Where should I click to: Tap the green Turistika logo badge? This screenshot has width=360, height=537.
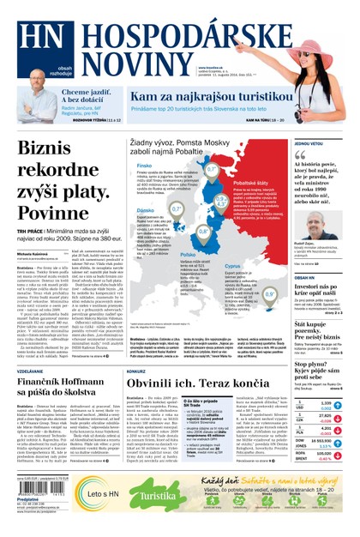[156, 497]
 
